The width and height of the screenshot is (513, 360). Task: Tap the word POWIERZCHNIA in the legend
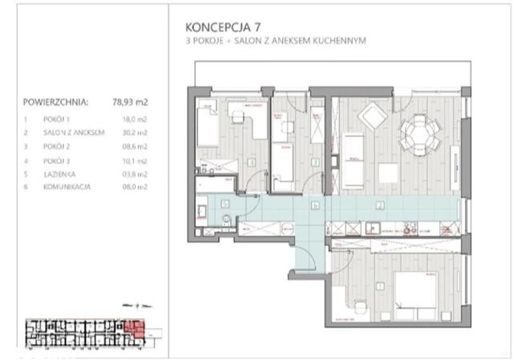57,103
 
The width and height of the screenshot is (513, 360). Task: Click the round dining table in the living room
418,128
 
